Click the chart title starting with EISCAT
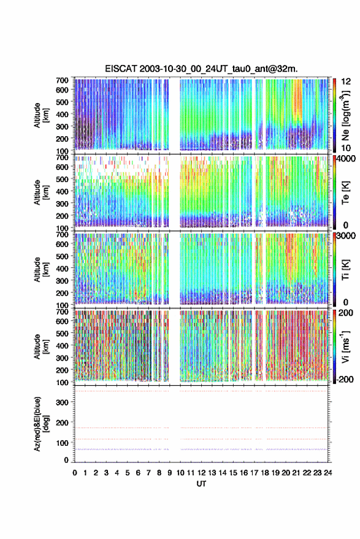click(201, 69)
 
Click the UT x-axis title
click(202, 484)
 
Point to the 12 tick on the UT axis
click(202, 473)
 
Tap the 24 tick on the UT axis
click(328, 473)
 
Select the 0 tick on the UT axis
click(75, 473)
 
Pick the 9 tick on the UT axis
click(169, 473)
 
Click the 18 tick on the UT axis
click(265, 473)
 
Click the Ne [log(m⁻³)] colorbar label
click(345, 115)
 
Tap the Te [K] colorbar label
click(345, 193)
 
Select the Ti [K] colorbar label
click(345, 270)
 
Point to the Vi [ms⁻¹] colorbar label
click(345, 346)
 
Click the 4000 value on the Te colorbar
click(347, 159)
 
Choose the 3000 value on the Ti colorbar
click(347, 236)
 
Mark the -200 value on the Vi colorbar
click(345, 380)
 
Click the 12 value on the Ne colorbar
click(346, 82)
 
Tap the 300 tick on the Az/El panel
click(62, 402)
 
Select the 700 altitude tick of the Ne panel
click(62, 80)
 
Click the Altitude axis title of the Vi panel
click(40, 346)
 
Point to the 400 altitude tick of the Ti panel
click(62, 269)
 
